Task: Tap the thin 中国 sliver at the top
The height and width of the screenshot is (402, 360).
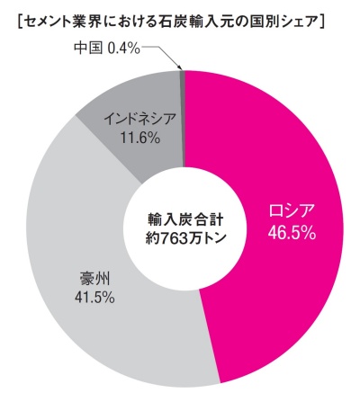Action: click(183, 78)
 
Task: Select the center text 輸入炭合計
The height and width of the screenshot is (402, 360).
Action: click(185, 218)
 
